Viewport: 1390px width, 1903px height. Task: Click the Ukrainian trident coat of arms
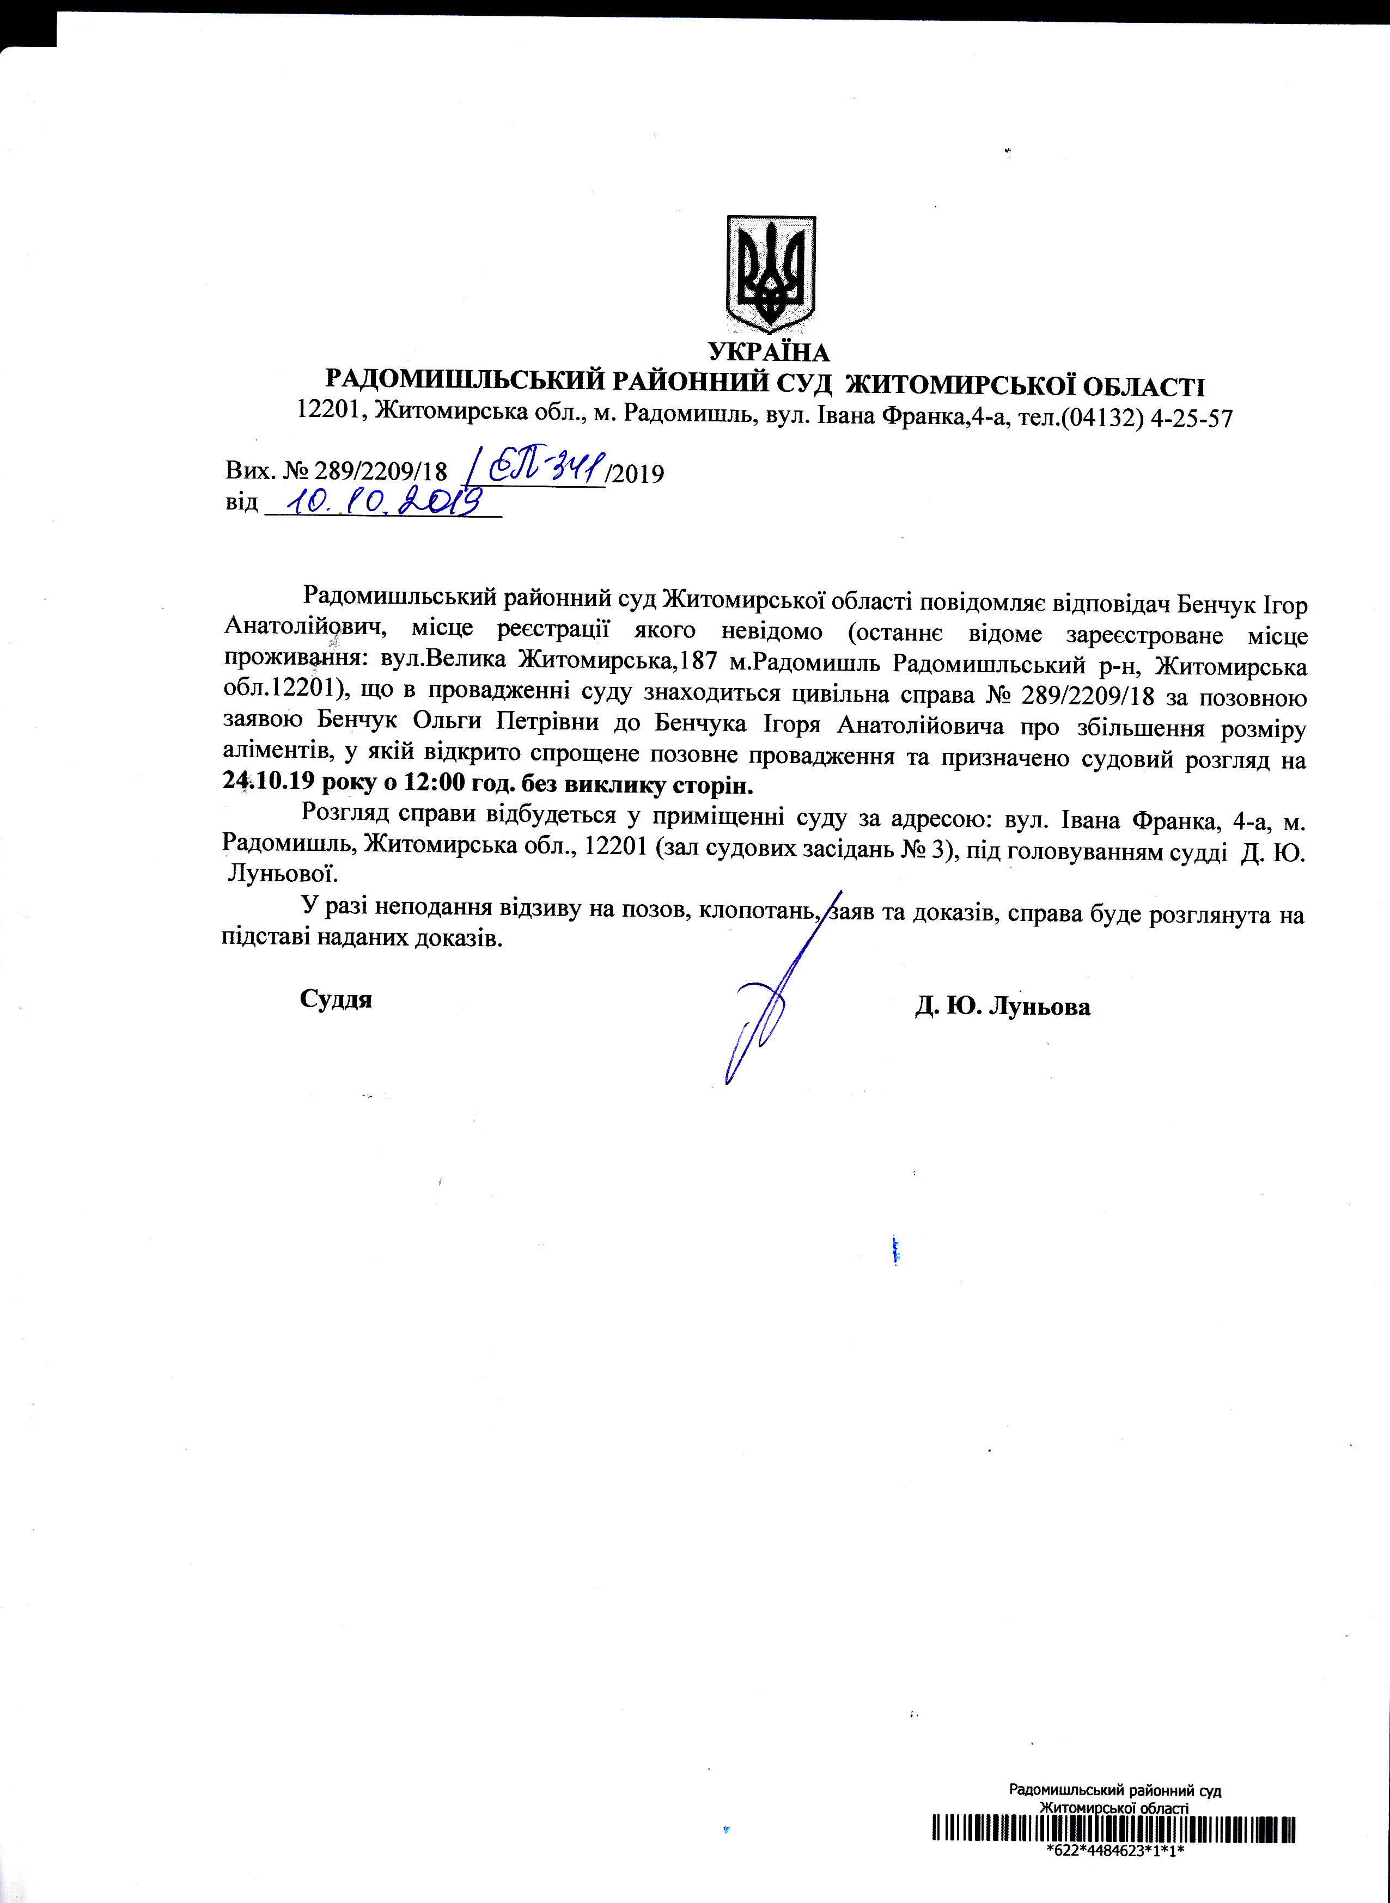771,275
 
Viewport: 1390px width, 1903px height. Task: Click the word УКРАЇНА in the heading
768,352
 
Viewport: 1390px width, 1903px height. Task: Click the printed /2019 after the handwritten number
636,474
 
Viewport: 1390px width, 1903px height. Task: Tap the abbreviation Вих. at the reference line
250,472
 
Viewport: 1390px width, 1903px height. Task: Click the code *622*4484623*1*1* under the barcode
1115,1850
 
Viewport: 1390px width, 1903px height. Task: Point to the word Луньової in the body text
283,875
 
